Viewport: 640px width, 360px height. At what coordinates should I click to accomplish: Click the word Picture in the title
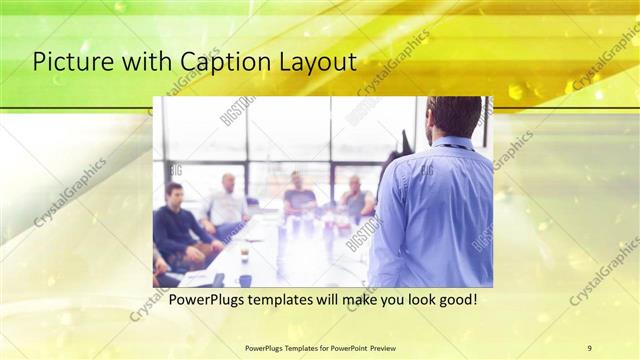pos(68,62)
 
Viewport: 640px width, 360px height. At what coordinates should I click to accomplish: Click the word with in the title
pos(136,62)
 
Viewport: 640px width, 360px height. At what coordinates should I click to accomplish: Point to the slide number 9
pos(589,347)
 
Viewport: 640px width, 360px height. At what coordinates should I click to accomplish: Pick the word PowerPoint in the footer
pos(343,347)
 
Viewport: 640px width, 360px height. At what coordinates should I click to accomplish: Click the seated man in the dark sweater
pos(178,225)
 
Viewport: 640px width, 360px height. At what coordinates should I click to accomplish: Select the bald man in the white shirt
pos(228,203)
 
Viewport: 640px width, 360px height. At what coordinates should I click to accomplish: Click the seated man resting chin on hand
pos(355,198)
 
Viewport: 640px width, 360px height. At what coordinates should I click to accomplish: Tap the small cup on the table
pos(243,256)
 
